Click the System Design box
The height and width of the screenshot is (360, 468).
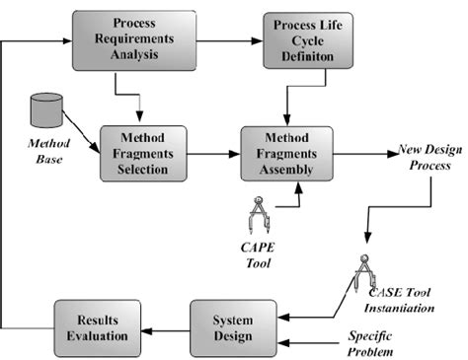[234, 328]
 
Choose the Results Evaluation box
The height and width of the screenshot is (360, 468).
[91, 328]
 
